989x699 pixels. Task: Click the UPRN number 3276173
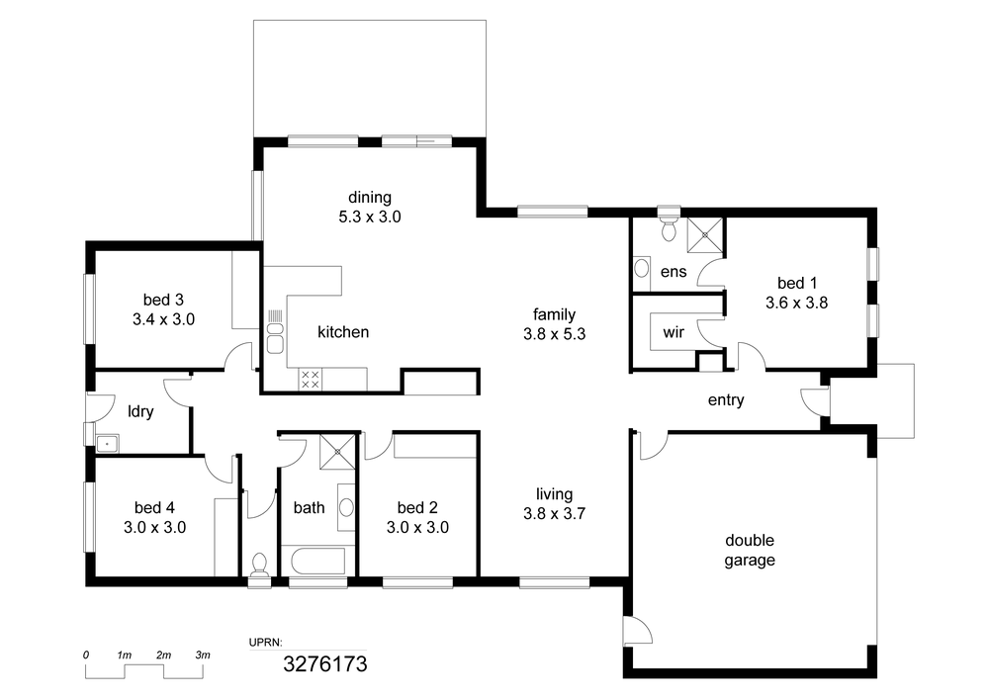[324, 664]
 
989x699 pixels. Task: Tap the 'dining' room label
[370, 198]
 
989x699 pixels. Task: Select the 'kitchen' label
[343, 332]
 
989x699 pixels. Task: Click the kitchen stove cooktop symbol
[310, 379]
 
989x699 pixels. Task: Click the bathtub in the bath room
[318, 561]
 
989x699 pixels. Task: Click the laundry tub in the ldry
[107, 444]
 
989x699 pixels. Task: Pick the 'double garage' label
[750, 551]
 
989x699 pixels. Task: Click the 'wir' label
[674, 332]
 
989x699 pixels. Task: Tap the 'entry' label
[726, 400]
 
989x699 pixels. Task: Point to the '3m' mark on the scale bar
[203, 655]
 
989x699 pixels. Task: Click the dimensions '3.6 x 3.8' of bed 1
[796, 304]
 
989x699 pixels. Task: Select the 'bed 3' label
[163, 300]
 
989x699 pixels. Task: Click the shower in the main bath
[338, 451]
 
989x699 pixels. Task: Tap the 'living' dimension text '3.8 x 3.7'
[555, 514]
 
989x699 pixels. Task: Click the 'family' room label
[555, 313]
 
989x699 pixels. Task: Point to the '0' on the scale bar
[86, 655]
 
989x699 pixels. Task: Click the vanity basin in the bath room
[346, 507]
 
